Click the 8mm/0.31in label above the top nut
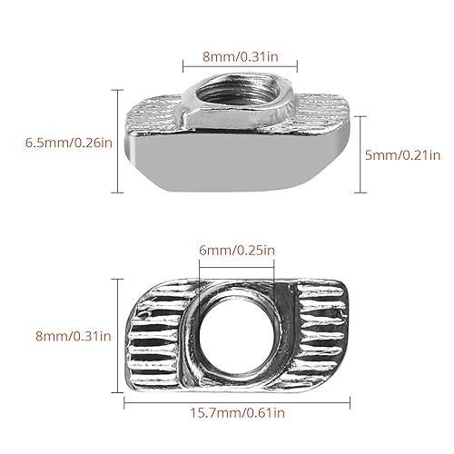[241, 56]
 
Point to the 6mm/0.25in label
[236, 250]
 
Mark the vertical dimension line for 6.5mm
[119, 141]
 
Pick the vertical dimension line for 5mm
[360, 141]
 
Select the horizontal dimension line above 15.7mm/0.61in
[236, 399]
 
